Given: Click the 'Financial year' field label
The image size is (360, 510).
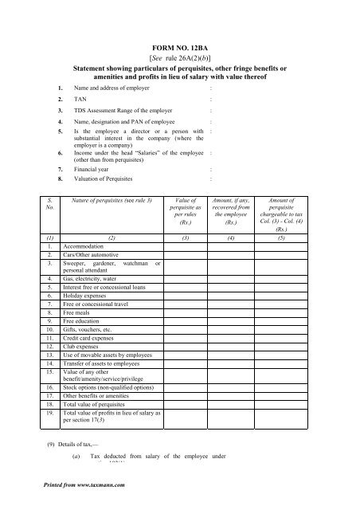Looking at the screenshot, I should point(92,169).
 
